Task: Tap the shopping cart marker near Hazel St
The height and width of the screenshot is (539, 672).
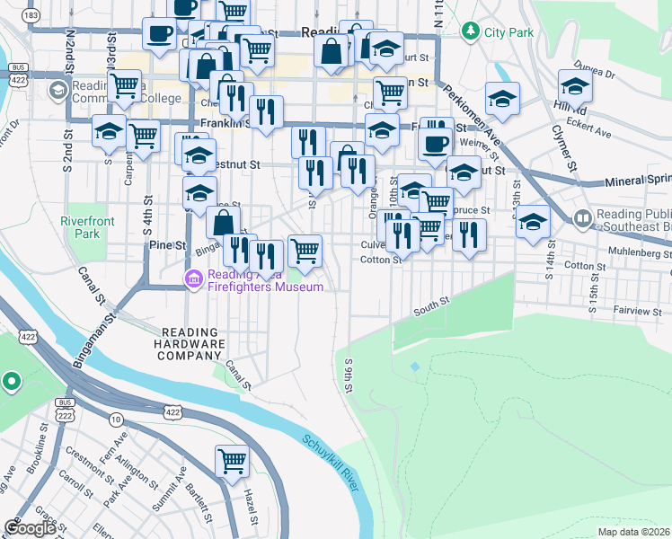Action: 232,462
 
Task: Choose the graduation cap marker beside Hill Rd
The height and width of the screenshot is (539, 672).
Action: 574,87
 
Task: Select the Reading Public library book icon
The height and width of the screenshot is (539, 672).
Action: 583,218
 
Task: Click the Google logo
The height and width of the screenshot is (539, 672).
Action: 31,528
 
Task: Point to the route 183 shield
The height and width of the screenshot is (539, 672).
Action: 31,16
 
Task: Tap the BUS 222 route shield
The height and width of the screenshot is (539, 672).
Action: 65,405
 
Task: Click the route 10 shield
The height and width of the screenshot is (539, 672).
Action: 117,420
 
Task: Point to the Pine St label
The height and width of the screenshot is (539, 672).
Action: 166,244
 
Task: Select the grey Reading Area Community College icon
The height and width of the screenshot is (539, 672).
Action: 58,90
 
